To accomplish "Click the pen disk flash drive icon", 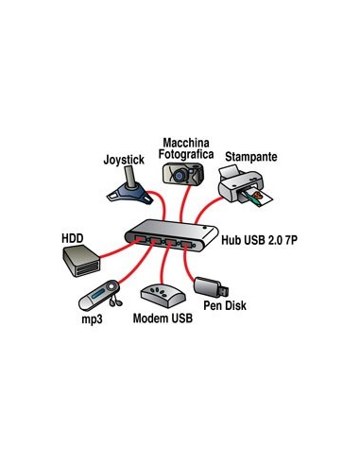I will tap(207, 284).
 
